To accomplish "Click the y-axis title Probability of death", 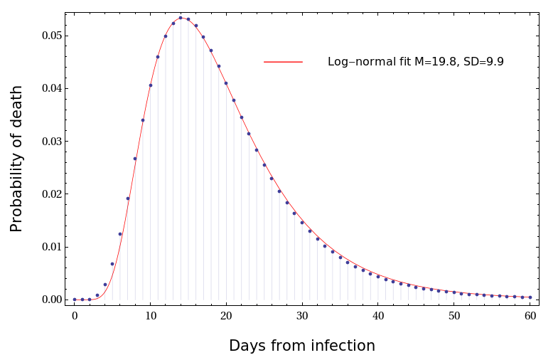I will [17, 159].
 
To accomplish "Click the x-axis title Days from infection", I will [301, 346].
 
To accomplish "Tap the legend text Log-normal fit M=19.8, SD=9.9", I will [415, 62].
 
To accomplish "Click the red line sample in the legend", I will [283, 62].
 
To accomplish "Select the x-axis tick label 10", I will [150, 315].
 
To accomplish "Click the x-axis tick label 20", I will [226, 315].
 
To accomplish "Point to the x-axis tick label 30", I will [302, 315].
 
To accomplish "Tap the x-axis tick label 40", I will [378, 315].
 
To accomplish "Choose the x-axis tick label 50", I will [454, 315].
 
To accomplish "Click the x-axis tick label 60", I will [530, 315].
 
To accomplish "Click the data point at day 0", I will [75, 300].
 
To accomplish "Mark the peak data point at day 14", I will [181, 18].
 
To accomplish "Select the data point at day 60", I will [530, 297].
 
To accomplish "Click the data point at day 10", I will [150, 85].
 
